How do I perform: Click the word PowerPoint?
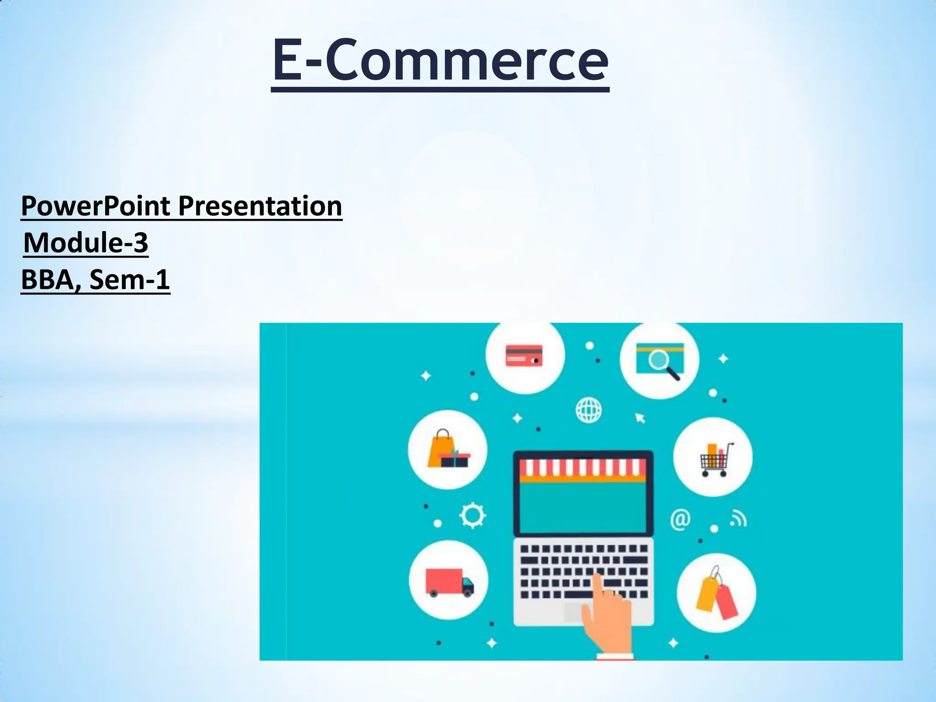pyautogui.click(x=96, y=206)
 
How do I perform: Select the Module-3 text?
pyautogui.click(x=85, y=242)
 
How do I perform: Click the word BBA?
pyautogui.click(x=48, y=279)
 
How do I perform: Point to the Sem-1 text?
pyautogui.click(x=129, y=279)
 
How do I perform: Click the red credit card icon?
pyautogui.click(x=524, y=356)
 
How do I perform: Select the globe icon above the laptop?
pyautogui.click(x=588, y=410)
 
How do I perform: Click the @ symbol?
pyautogui.click(x=680, y=520)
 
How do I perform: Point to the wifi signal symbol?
pyautogui.click(x=738, y=519)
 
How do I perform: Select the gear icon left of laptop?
pyautogui.click(x=472, y=516)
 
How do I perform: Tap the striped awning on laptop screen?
pyautogui.click(x=583, y=469)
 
